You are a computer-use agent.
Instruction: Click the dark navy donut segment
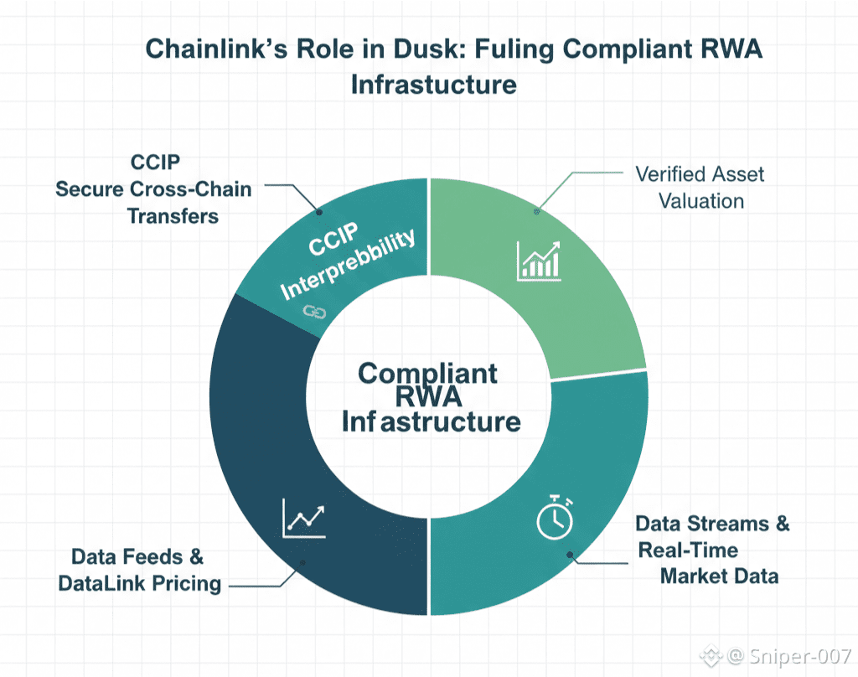(x=268, y=469)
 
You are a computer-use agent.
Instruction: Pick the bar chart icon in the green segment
(x=539, y=260)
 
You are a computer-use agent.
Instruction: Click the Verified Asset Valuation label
(x=700, y=188)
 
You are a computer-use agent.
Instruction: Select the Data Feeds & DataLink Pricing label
(x=139, y=571)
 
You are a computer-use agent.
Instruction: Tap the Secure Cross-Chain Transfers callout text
(x=153, y=202)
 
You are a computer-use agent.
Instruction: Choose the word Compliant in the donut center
(x=428, y=373)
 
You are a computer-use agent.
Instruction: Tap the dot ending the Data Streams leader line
(x=571, y=553)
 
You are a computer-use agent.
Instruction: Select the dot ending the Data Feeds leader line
(x=302, y=563)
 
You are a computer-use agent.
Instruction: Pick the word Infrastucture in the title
(x=433, y=85)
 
